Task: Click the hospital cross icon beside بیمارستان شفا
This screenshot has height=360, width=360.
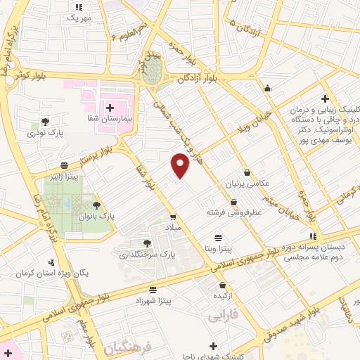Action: point(110,108)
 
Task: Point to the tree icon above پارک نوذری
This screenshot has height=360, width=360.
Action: point(46,121)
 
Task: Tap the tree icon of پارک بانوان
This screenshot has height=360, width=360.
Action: point(96,205)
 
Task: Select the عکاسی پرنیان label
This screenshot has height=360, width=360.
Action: point(247,184)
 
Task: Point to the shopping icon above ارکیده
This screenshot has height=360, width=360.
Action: point(223,285)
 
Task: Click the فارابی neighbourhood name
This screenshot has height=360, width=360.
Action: point(223,316)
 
